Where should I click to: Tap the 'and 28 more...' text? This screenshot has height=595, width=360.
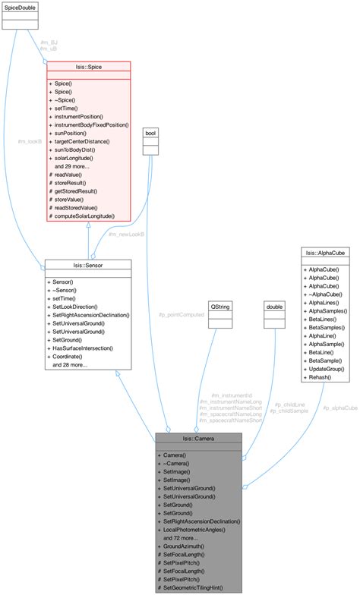click(71, 365)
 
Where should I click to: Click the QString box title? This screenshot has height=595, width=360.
click(219, 306)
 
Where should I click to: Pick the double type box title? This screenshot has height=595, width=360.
click(273, 306)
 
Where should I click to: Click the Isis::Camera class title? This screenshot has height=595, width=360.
click(198, 438)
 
